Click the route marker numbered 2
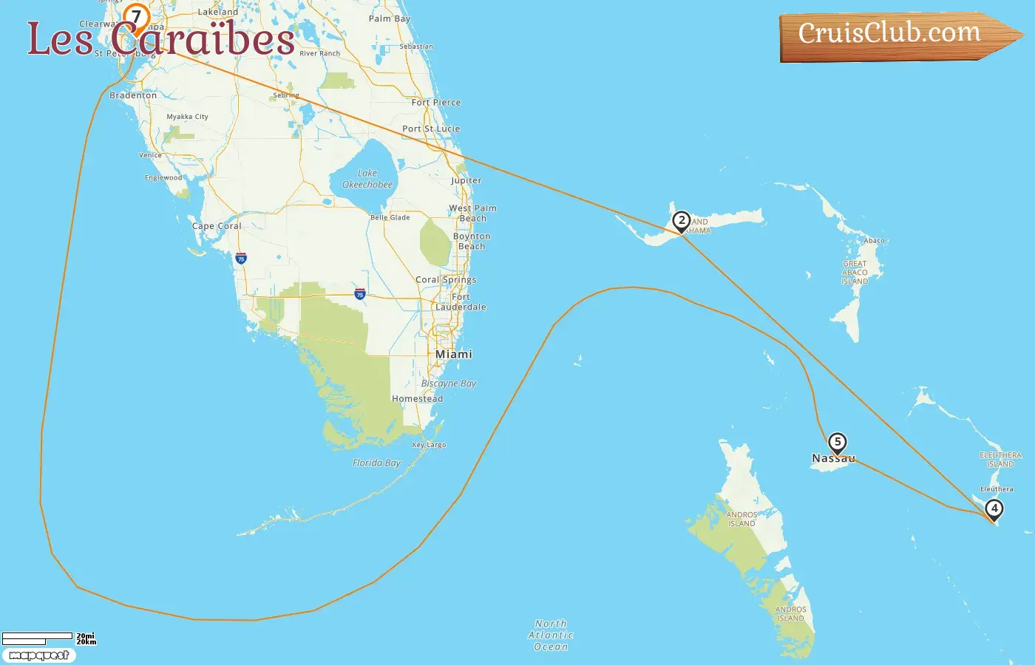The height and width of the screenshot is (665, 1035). coord(681,221)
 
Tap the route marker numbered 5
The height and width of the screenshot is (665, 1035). coord(837,443)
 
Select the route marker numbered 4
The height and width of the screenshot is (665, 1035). coord(994,508)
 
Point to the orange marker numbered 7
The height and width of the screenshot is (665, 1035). coord(136,17)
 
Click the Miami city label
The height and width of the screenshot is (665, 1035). coord(453,355)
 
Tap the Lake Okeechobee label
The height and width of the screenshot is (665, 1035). coord(367,179)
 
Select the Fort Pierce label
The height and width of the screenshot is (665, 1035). coord(436,103)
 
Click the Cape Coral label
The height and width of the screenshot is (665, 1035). coord(217,226)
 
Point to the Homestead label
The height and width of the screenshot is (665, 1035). coord(417,399)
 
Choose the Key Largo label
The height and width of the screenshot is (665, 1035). coord(429,445)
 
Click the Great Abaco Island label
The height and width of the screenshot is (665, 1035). coord(855,272)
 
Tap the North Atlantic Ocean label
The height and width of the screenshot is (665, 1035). coord(551,635)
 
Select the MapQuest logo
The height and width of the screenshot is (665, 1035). coord(38,655)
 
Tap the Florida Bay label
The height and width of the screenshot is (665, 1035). coord(376,463)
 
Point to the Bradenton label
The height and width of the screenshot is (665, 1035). coord(133,95)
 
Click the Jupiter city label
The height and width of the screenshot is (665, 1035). coord(466,180)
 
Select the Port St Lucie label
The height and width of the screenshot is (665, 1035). coord(431,129)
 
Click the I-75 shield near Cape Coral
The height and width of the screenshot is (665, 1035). coord(240,259)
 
